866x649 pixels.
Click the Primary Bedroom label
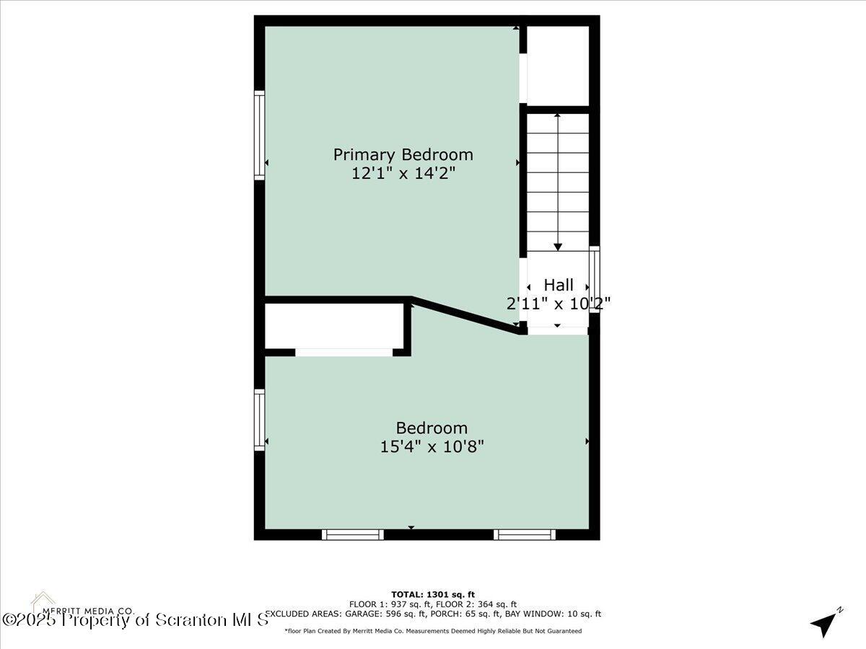(403, 154)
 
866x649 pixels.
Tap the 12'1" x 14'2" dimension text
(403, 173)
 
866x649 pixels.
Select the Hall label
(559, 285)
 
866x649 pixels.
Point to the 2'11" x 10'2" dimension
(559, 304)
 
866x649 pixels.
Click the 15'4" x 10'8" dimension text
(432, 446)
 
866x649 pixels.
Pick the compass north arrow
(825, 622)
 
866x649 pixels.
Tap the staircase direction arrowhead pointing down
(558, 247)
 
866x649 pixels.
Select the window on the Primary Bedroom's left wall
(259, 135)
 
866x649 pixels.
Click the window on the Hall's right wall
(595, 280)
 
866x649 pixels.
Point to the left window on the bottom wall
(352, 534)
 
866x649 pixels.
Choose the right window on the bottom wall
(525, 534)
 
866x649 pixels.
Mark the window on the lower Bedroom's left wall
(259, 420)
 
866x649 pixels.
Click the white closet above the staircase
(558, 65)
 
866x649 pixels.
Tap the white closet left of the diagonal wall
(333, 326)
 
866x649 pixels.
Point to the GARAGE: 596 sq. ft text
(374, 614)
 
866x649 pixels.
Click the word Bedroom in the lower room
(432, 428)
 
